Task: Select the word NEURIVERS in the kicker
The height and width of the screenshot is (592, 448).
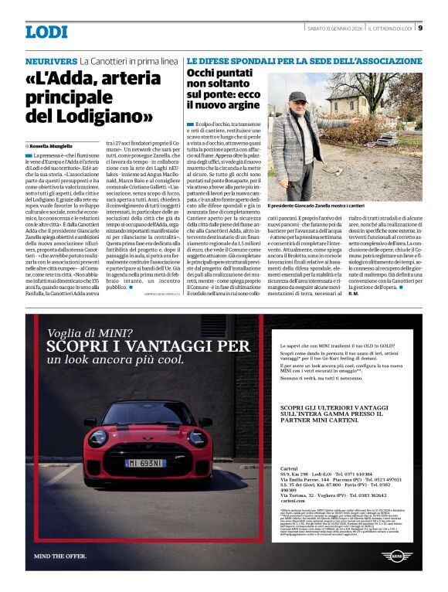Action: click(x=51, y=60)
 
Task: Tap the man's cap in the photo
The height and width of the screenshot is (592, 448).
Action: click(x=299, y=97)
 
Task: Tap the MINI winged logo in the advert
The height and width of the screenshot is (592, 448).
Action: click(x=398, y=556)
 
